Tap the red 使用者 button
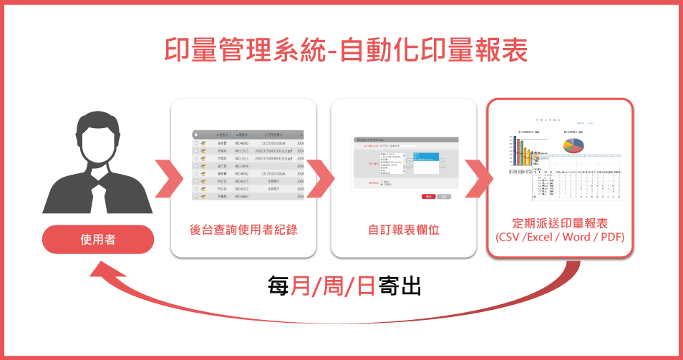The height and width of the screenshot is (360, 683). click(x=98, y=240)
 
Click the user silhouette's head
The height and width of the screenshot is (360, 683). click(x=98, y=135)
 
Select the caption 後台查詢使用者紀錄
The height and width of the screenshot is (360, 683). click(x=243, y=230)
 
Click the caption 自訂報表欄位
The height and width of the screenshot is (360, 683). click(x=403, y=230)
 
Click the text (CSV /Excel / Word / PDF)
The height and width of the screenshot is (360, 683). click(x=559, y=237)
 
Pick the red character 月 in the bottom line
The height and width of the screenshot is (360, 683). click(x=302, y=286)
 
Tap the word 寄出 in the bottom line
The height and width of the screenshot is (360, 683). click(x=401, y=286)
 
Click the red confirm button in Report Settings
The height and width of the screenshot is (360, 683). click(x=428, y=195)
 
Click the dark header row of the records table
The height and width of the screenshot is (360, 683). click(x=248, y=134)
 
